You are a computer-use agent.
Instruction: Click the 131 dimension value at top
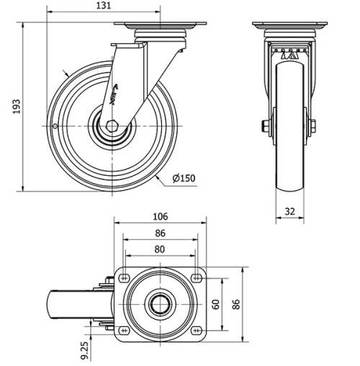coord(104,6)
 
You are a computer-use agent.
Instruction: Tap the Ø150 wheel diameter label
coord(184,179)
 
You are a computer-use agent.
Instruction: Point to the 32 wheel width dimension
coord(289,212)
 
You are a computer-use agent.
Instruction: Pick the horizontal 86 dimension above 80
coord(160,233)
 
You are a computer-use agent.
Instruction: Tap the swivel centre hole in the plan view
coord(160,303)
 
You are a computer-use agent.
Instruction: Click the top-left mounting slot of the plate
coord(124,277)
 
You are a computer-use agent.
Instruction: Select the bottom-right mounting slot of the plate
coord(196,330)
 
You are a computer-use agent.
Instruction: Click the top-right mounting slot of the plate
coord(196,277)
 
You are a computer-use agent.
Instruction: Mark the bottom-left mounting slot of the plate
coord(124,330)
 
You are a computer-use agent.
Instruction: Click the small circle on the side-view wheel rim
coord(56,127)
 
